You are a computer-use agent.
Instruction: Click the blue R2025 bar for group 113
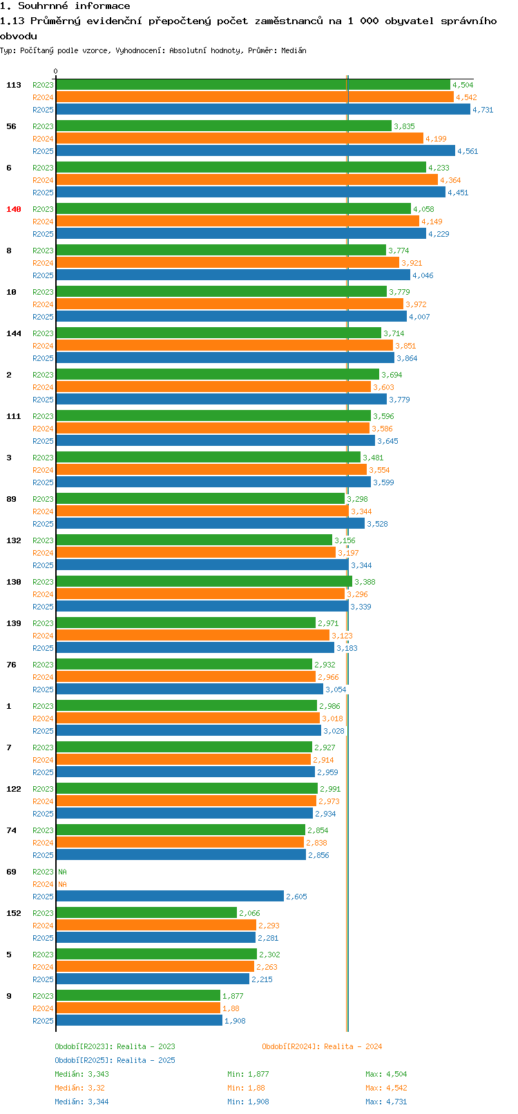tap(262, 110)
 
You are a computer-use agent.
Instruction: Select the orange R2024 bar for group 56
tap(239, 139)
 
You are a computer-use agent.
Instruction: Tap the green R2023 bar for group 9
tap(137, 996)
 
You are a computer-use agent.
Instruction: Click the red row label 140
tap(14, 209)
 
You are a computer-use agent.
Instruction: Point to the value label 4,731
tap(483, 110)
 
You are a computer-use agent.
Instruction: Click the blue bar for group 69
tap(169, 897)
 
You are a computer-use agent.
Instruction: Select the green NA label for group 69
tap(62, 872)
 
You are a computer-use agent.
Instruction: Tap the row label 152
tap(14, 913)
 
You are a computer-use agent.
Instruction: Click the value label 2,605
tap(296, 897)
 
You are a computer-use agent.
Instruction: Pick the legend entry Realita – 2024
tap(322, 1046)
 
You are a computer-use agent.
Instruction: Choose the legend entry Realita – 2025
tap(115, 1060)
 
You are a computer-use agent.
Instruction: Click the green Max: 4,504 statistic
tap(386, 1074)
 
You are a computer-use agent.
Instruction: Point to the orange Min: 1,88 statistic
tap(246, 1088)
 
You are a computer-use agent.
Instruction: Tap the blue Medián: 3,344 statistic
tap(81, 1102)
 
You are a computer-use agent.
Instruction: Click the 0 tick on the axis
tap(56, 71)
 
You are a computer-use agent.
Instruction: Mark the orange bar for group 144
tap(224, 346)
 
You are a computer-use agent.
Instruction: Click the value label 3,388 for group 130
tap(365, 582)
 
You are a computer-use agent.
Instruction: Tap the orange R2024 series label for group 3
tap(43, 470)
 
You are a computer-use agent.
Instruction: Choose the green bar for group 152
tap(146, 913)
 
